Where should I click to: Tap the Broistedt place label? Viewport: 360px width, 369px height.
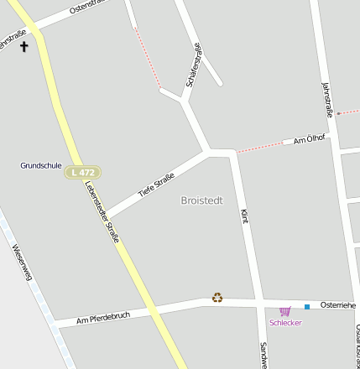point(202,200)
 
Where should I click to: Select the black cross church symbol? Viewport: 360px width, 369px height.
point(23,46)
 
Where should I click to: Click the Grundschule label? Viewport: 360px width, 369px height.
point(41,165)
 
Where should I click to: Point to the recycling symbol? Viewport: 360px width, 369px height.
point(217,297)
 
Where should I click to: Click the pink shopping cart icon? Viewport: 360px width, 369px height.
point(285,311)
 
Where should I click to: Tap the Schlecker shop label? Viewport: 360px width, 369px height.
point(285,323)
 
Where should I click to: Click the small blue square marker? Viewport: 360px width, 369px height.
point(307,306)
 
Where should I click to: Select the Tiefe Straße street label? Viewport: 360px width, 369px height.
point(156,184)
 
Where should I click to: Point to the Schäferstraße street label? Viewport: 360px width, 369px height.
point(192,66)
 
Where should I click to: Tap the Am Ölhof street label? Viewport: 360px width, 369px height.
point(308,139)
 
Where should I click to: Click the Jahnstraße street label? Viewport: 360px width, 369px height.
point(327,100)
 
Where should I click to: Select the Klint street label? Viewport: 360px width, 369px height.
point(245,216)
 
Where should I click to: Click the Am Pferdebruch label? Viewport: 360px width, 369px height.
point(103,317)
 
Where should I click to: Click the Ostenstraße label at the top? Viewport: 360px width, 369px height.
point(91,11)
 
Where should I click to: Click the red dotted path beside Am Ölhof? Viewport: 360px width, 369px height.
point(262,147)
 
